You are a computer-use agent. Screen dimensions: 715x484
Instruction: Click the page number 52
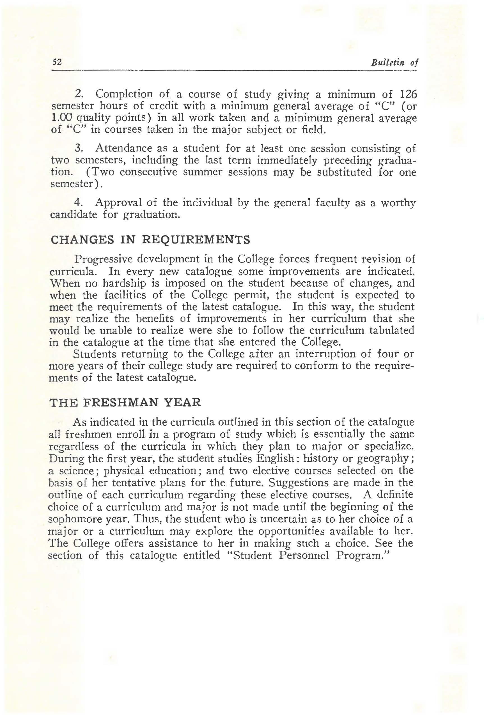[x=57, y=62]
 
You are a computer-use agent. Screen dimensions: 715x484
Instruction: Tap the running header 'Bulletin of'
[x=394, y=63]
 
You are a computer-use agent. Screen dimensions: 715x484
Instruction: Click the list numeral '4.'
[x=79, y=203]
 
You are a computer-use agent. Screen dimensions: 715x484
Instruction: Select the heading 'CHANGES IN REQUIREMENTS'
[x=150, y=240]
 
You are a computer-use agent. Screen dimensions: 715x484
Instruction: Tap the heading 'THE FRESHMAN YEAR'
[x=125, y=403]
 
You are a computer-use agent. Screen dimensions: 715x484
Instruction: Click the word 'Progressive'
[x=104, y=259]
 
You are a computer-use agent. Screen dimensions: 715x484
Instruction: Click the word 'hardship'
[x=124, y=283]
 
